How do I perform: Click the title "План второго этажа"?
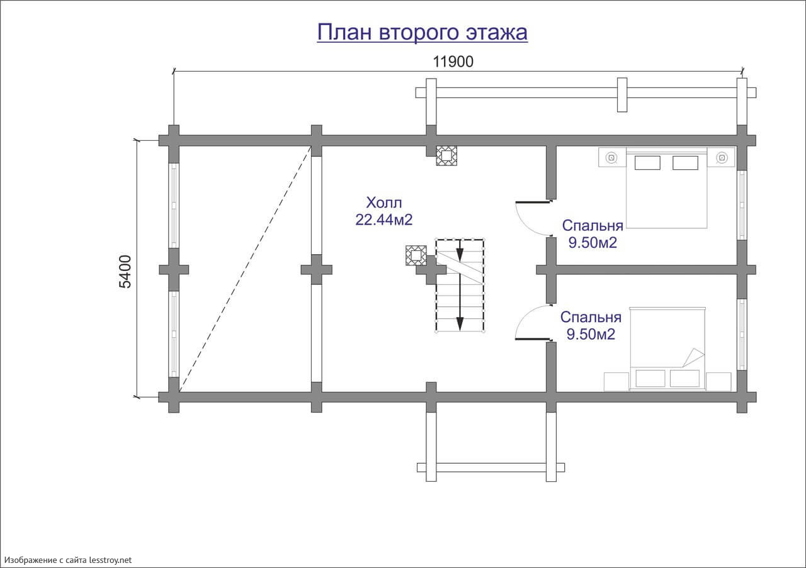click(x=422, y=32)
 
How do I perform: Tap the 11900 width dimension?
click(x=453, y=62)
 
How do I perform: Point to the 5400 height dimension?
click(x=125, y=272)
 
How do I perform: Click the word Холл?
click(x=384, y=203)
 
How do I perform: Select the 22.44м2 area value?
click(x=384, y=220)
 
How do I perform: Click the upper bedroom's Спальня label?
click(x=593, y=226)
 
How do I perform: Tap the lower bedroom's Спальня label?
click(x=591, y=317)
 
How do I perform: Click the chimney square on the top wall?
click(x=446, y=155)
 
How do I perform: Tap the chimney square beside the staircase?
click(x=416, y=255)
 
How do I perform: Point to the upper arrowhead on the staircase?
click(x=460, y=255)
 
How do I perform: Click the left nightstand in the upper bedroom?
click(x=613, y=157)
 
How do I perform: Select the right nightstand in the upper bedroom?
click(x=721, y=157)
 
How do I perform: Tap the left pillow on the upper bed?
click(x=647, y=163)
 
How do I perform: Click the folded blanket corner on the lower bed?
click(x=693, y=358)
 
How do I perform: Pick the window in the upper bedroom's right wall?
click(x=742, y=205)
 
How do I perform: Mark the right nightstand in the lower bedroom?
click(x=718, y=381)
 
